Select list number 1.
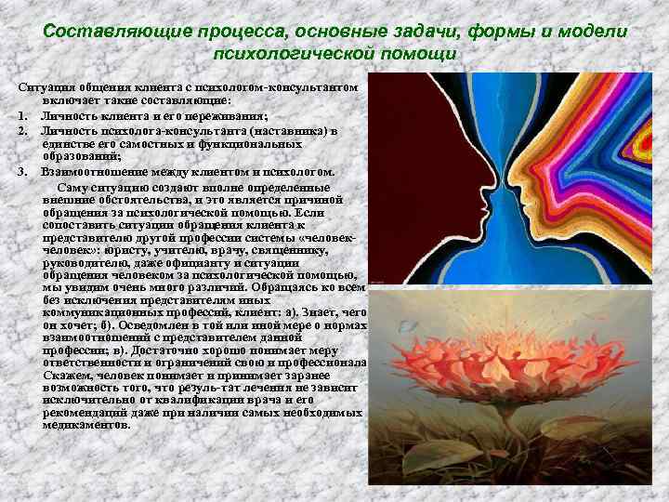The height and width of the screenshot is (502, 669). click(21, 115)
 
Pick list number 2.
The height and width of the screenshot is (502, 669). click(21, 130)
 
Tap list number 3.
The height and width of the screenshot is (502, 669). click(21, 172)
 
